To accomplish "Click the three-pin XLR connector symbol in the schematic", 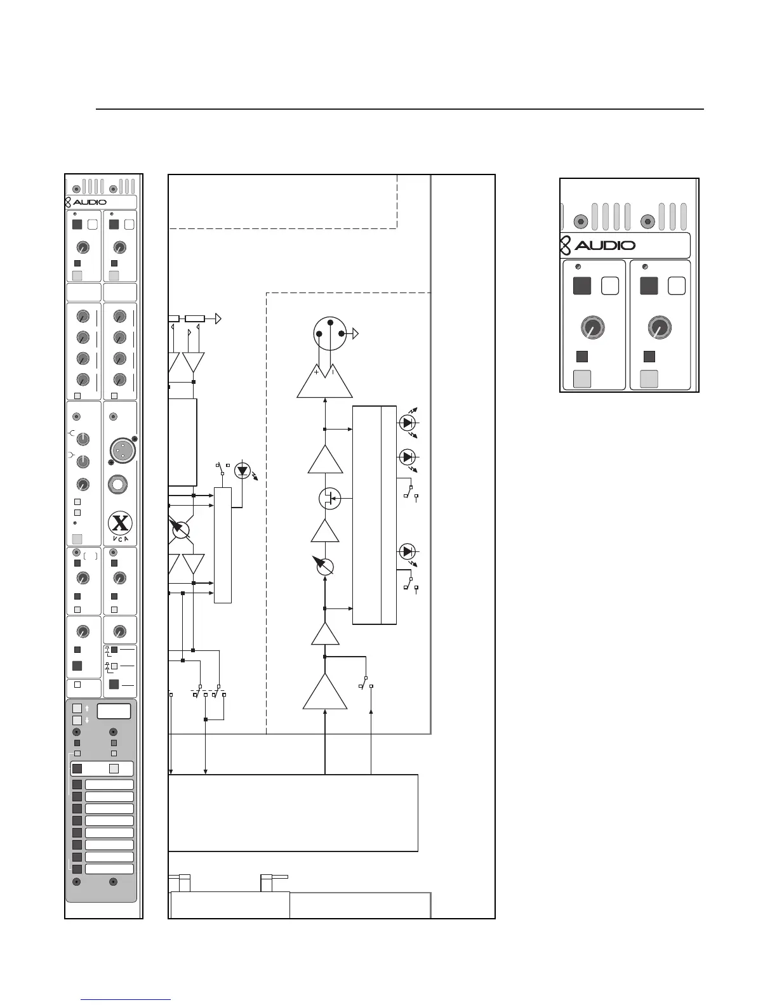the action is (330, 332).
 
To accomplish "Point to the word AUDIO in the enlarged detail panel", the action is (604, 246).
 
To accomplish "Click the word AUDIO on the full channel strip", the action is (90, 202).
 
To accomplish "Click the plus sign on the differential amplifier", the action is (316, 372).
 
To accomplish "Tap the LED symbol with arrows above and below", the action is (407, 423).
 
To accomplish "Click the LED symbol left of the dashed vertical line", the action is (242, 471).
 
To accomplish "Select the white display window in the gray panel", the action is (114, 711).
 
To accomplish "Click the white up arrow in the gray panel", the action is (87, 708).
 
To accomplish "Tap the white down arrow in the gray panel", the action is (87, 720).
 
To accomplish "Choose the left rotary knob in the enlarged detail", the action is (592, 328).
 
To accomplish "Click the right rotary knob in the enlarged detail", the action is (659, 328).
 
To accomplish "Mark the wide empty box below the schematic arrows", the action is (293, 812).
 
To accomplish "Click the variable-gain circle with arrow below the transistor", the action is (324, 567).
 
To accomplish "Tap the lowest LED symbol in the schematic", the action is (407, 551).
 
